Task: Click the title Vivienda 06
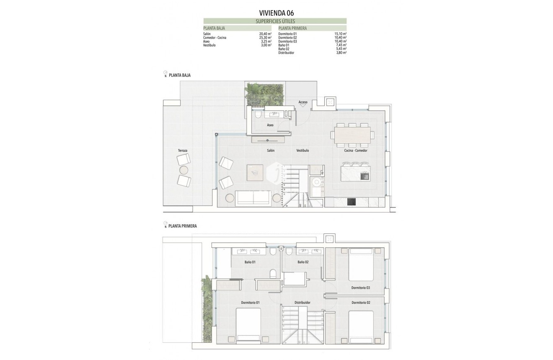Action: [x=276, y=13]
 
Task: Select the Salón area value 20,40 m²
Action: [x=265, y=34]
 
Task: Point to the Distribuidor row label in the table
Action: [x=286, y=53]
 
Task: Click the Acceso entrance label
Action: [x=303, y=102]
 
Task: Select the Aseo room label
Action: [x=270, y=125]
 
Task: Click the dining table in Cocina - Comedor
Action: [x=353, y=135]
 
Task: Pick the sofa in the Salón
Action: [x=253, y=198]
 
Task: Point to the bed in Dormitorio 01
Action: [x=248, y=325]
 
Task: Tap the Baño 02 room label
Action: [x=303, y=262]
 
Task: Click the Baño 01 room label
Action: [x=250, y=262]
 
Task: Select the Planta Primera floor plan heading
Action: [x=182, y=226]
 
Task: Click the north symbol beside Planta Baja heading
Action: [x=165, y=74]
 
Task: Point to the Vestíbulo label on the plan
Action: [x=302, y=150]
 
